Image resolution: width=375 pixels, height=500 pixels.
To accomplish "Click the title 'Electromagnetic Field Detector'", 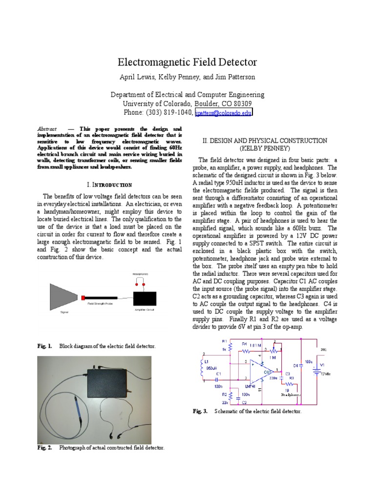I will [187, 62].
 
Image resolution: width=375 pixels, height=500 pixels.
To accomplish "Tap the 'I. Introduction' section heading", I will [109, 185].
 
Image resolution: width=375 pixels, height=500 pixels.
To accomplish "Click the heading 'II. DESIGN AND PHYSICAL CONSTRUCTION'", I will [265, 141].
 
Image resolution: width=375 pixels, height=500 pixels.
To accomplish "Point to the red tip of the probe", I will [83, 297].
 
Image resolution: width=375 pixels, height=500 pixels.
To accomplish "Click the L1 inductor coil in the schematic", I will [201, 369].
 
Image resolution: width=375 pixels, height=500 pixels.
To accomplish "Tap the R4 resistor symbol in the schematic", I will [246, 350].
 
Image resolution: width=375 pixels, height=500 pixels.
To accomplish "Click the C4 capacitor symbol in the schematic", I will [301, 365].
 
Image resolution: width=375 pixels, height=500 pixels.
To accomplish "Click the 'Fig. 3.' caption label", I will [200, 412].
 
